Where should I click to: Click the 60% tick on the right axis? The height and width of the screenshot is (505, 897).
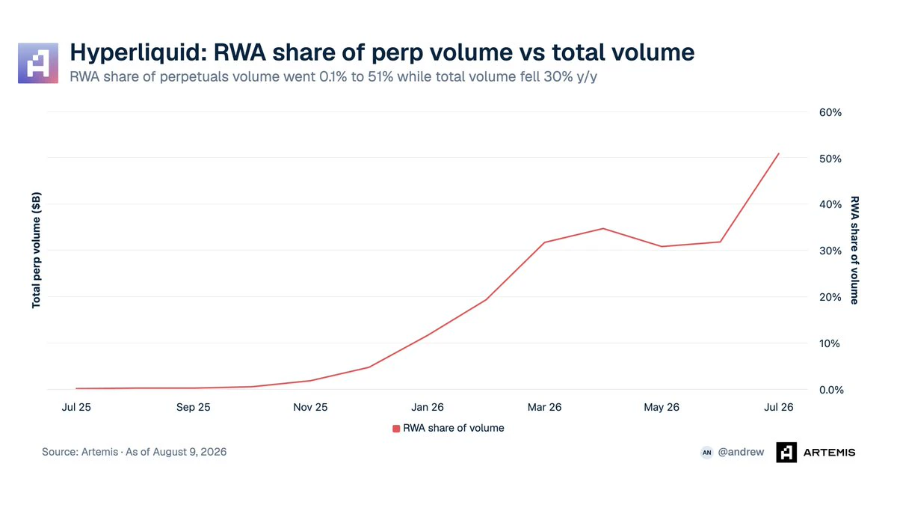830,113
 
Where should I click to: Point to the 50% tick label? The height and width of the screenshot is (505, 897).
830,159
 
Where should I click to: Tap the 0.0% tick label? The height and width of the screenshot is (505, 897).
831,390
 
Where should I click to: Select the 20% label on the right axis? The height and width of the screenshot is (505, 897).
830,298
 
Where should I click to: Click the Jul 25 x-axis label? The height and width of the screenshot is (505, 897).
76,407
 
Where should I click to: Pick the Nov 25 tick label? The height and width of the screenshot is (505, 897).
310,407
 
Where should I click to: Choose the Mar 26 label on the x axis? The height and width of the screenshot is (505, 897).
545,407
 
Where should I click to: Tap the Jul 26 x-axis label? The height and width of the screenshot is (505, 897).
778,407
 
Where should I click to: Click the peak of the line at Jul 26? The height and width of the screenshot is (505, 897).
778,153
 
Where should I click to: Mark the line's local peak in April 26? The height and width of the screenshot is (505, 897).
603,228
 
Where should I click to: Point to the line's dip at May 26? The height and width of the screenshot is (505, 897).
662,246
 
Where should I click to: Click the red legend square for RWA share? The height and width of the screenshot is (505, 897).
396,429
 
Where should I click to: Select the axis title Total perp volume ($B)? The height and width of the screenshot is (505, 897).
36,251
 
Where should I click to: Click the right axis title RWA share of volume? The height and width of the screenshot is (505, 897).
854,251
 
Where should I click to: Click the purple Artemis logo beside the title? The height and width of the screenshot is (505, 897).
38,64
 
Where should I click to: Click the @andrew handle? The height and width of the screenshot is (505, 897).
741,452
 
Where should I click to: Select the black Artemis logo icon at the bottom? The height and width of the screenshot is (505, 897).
786,453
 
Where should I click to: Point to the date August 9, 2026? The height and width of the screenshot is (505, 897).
189,452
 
